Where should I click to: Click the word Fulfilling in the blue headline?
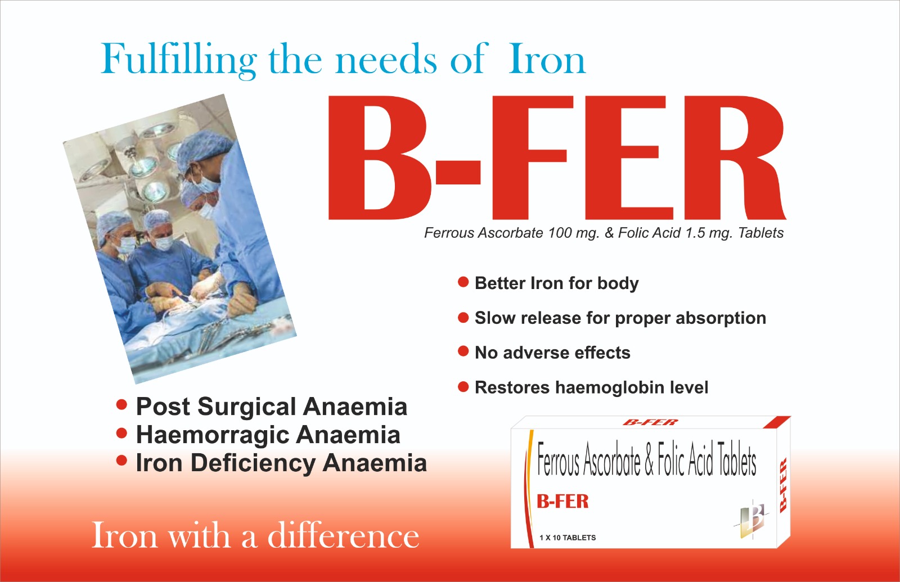click(x=178, y=60)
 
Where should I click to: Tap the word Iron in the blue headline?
click(x=547, y=60)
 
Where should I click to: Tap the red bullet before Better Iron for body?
click(x=463, y=282)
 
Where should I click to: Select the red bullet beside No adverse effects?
click(x=463, y=351)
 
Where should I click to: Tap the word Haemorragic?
click(x=213, y=435)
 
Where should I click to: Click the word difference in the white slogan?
click(x=344, y=536)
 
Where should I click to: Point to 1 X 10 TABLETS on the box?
click(x=568, y=538)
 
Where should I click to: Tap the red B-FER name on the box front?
click(x=562, y=501)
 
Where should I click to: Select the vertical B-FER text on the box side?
click(x=782, y=485)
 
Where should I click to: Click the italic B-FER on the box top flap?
click(x=650, y=422)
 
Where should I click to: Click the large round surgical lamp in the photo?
click(x=155, y=191)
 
